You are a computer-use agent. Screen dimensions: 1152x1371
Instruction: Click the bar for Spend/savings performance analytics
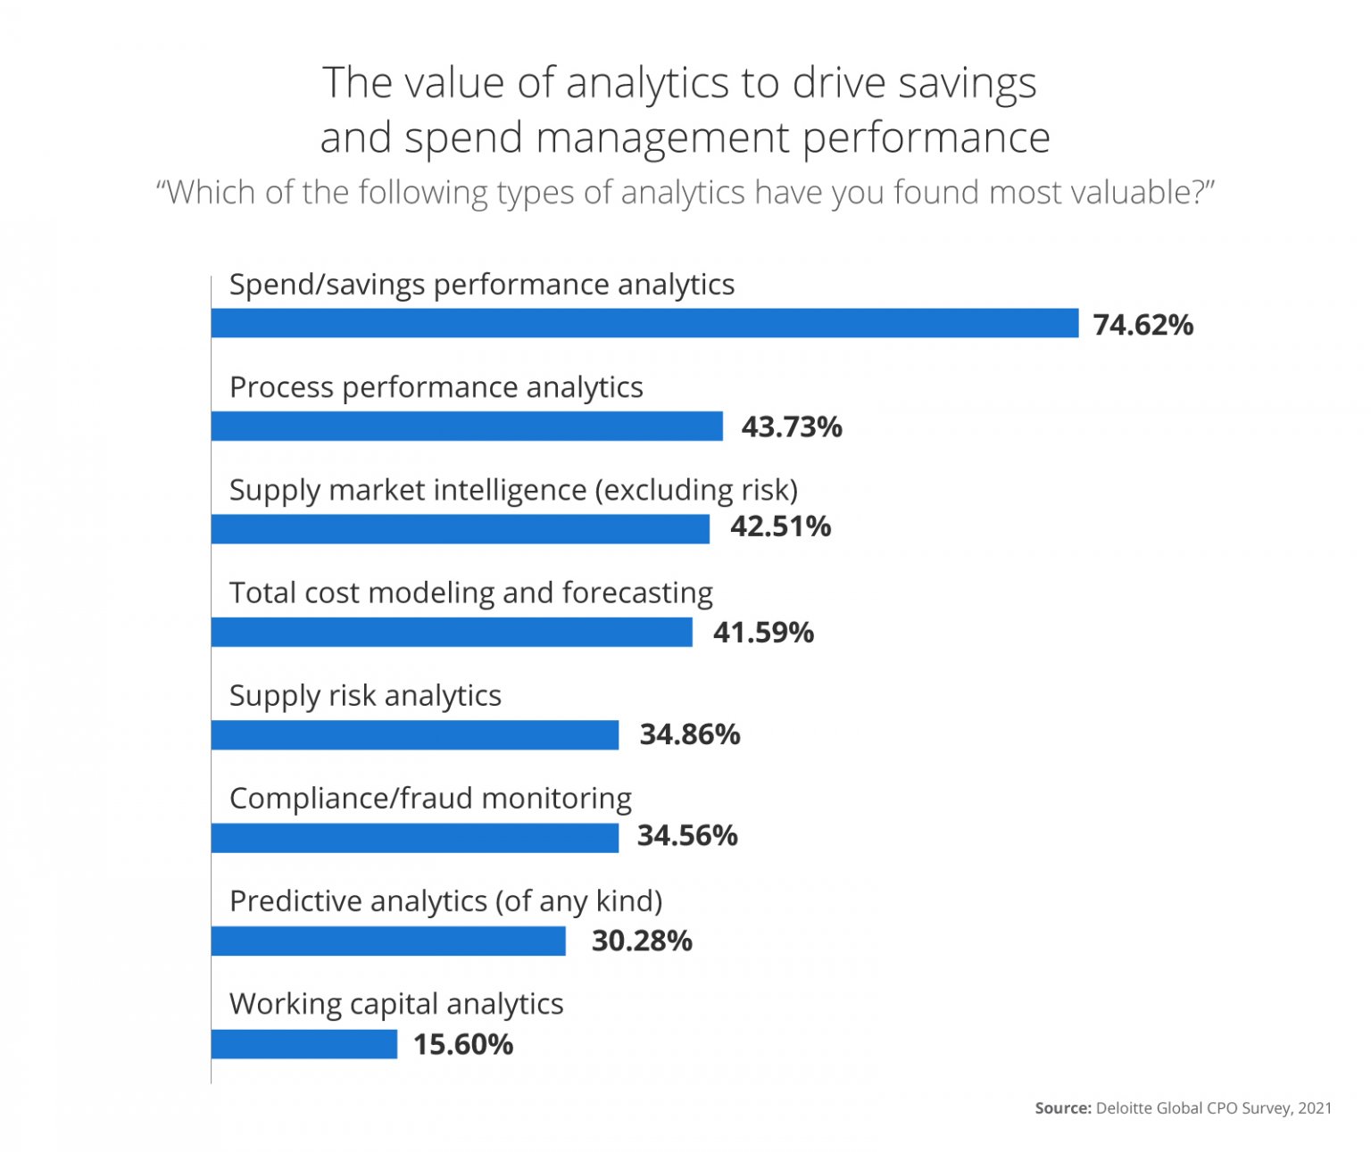[x=644, y=323]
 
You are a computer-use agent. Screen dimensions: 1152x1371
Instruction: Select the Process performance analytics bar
[x=467, y=426]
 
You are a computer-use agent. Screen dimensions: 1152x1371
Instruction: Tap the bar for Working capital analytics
[x=304, y=1044]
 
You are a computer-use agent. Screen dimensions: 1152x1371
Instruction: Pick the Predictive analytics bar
[x=388, y=941]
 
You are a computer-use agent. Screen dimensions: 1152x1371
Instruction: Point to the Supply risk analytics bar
[x=415, y=735]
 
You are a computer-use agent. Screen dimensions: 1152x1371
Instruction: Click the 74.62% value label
[x=1142, y=325]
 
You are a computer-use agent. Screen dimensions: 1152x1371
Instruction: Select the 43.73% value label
[x=791, y=427]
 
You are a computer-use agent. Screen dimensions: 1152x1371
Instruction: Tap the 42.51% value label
[x=780, y=526]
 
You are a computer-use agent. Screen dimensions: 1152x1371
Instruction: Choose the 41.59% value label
[x=763, y=633]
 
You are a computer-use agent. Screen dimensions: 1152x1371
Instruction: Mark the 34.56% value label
[x=687, y=836]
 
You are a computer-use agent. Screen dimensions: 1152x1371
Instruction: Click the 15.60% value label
[x=462, y=1045]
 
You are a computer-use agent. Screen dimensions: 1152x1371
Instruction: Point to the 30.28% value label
[x=642, y=941]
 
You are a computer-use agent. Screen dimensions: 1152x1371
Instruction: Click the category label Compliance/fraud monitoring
[x=430, y=799]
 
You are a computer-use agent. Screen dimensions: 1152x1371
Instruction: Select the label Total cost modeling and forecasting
[x=471, y=593]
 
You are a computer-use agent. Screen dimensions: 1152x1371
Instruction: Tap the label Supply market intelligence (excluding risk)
[x=513, y=491]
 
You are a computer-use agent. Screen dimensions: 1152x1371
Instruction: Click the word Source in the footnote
[x=1062, y=1108]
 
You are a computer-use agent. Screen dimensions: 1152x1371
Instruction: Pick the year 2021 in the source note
[x=1315, y=1108]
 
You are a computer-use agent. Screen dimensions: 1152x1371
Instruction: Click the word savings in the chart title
[x=967, y=84]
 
